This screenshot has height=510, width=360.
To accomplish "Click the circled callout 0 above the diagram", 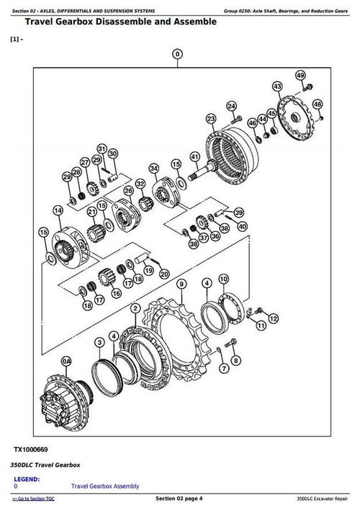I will point(179,53).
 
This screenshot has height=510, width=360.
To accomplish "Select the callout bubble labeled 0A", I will point(67,360).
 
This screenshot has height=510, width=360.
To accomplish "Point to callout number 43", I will point(277,86).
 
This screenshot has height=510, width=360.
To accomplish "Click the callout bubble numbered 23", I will point(210,119).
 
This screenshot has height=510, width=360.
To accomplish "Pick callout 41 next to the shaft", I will point(194,156).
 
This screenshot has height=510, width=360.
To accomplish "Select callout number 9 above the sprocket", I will point(180,282).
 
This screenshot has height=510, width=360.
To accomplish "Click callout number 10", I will point(223,279).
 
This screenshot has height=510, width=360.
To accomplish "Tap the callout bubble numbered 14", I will point(58,210).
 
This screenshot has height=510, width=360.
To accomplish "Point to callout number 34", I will point(153,169).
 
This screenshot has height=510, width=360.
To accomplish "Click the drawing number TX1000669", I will point(32,449).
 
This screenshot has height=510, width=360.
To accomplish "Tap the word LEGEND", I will point(27,479).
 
